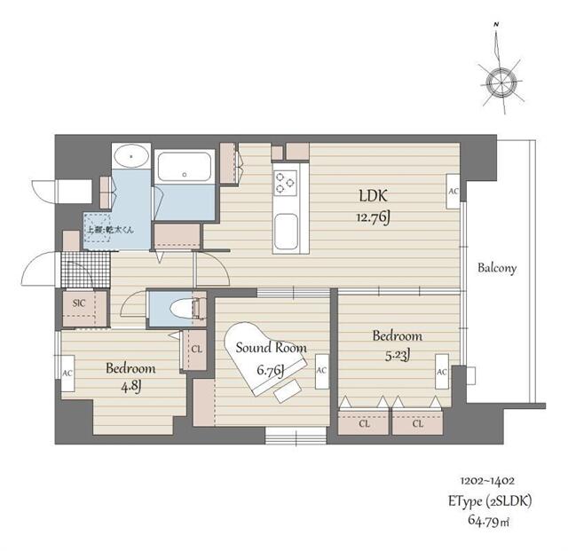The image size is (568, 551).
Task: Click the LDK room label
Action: (374, 196)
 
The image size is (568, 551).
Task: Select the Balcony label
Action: (496, 267)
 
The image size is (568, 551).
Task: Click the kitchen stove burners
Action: (286, 182)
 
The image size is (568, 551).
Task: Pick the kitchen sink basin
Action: (286, 232)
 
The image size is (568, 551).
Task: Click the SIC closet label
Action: (78, 303)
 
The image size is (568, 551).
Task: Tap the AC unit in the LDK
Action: (453, 191)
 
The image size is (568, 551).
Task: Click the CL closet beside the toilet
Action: (195, 350)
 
